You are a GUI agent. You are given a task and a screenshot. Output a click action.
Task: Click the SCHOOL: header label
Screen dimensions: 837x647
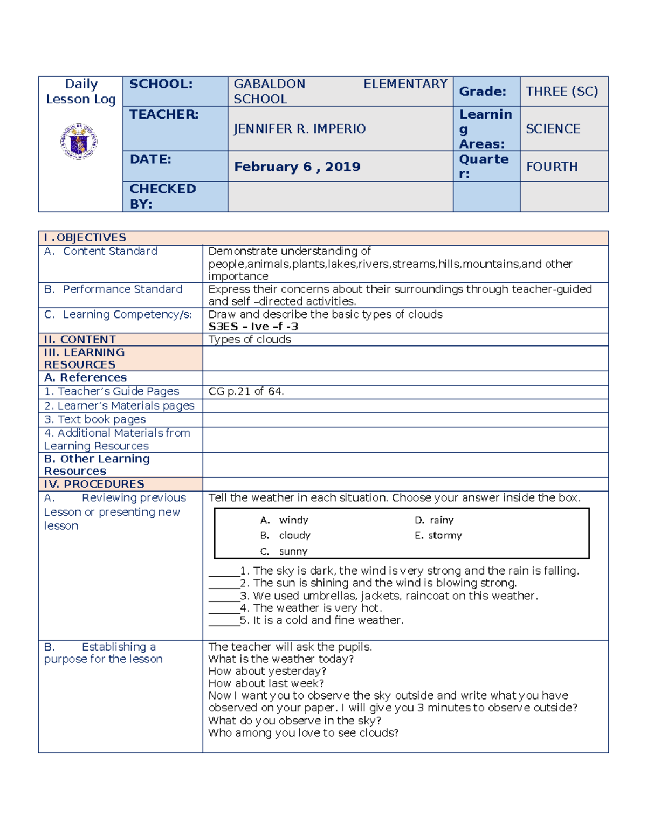[161, 84]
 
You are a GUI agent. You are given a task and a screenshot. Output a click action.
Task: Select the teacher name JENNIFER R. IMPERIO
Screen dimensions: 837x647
[299, 129]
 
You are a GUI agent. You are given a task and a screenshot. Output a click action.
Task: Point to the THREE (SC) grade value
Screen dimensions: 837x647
[562, 92]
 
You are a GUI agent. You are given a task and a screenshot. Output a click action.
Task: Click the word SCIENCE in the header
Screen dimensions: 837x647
[553, 129]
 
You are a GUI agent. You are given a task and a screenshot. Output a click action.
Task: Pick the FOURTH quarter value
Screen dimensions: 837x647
[552, 167]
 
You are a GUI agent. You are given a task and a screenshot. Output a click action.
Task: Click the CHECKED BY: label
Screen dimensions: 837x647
[162, 196]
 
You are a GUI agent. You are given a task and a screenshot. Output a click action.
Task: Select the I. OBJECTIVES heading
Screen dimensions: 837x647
[85, 238]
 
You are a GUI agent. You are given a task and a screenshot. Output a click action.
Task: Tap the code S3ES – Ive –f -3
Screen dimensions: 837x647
[253, 327]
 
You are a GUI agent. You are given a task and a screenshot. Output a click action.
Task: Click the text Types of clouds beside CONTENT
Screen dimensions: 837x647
[250, 340]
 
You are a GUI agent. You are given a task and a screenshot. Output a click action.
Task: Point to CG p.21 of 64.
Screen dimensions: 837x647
[246, 391]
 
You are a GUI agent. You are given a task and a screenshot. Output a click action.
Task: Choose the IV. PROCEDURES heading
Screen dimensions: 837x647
[94, 484]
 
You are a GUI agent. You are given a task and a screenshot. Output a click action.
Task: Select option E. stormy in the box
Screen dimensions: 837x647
[438, 535]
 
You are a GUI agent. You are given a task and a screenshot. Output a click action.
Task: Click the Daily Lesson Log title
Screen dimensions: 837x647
[81, 92]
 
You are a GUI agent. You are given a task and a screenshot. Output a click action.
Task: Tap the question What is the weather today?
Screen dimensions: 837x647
[281, 659]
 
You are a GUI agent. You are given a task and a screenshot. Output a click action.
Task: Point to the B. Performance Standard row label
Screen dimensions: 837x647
[114, 289]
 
